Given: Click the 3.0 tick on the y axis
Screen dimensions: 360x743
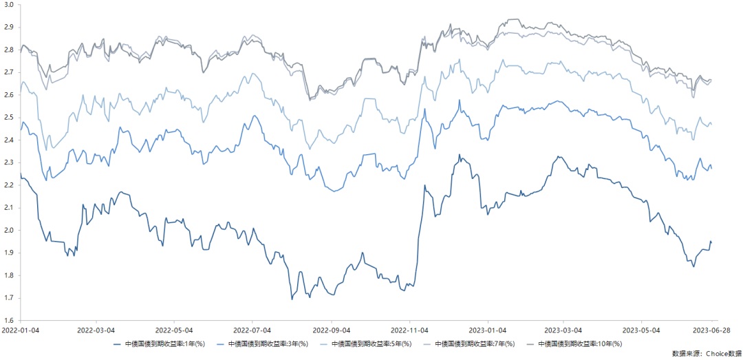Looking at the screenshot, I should [x=10, y=4].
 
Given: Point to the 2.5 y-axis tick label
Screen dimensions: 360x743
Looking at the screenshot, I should [x=10, y=118].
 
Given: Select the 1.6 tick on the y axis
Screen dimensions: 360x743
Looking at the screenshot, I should [x=10, y=321].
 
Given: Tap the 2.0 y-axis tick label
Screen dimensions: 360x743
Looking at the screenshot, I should [x=10, y=231].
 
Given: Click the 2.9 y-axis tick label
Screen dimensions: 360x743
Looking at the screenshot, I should [x=10, y=27].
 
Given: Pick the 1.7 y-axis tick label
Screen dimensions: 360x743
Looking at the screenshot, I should [x=10, y=298].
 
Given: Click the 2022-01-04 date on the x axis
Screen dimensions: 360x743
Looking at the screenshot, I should [x=21, y=331].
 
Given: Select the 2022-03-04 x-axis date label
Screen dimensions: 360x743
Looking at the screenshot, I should [x=96, y=331].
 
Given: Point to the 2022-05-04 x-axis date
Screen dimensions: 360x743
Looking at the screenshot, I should [x=175, y=331].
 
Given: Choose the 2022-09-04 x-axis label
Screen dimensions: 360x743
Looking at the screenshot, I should [x=332, y=331].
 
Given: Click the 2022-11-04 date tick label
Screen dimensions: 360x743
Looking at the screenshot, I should [x=410, y=331].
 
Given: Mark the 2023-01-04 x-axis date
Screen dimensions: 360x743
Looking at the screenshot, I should [x=488, y=331].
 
